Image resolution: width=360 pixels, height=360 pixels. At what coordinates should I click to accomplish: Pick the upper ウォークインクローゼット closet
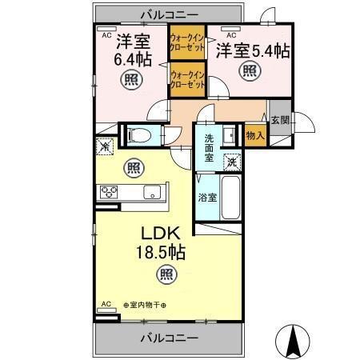point(187,42)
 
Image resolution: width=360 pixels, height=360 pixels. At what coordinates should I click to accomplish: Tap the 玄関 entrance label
point(281,120)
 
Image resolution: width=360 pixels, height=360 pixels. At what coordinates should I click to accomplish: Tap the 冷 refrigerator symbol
point(104,146)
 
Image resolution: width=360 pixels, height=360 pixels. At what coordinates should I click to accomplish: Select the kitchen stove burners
point(109,192)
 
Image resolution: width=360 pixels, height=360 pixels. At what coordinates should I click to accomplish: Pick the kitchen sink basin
point(151,193)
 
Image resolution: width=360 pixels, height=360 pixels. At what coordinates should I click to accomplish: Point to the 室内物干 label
point(146,305)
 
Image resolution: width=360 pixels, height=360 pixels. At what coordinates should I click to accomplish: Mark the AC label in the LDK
point(105,304)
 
